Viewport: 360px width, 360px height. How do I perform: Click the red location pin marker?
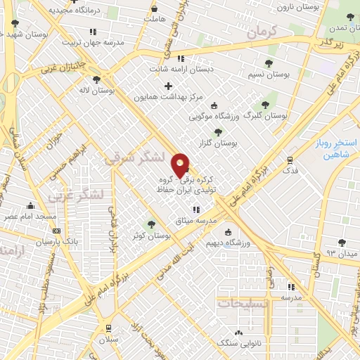(x=181, y=164)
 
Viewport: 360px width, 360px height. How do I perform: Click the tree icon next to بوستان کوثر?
(x=150, y=224)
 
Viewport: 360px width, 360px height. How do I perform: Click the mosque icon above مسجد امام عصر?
(x=30, y=206)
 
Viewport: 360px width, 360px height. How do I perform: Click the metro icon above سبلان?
(x=109, y=328)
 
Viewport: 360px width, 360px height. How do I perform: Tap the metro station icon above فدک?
(x=290, y=160)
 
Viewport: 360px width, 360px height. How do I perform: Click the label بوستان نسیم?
(x=269, y=73)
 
